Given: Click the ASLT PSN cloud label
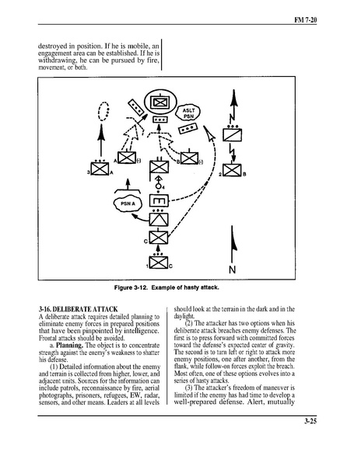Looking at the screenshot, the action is (x=188, y=113).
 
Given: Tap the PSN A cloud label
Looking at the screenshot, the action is (x=128, y=203).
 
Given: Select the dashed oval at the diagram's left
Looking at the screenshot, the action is (x=103, y=111).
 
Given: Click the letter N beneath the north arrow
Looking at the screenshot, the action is (x=233, y=270).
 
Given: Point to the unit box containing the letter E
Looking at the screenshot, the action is (x=159, y=201).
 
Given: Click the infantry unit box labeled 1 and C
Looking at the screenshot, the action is (x=159, y=263).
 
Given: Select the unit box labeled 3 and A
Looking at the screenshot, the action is (x=100, y=169).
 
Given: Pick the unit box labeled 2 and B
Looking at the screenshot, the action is (x=232, y=170).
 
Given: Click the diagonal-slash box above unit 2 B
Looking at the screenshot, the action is (x=233, y=135).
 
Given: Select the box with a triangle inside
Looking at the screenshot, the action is (x=159, y=220).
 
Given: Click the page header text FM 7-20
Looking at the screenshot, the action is (x=305, y=20).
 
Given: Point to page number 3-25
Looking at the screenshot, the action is (x=310, y=421).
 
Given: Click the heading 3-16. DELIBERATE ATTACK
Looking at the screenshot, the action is (x=79, y=309).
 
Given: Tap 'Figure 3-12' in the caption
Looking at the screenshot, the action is (x=131, y=287).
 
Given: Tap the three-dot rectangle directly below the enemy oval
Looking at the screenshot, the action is (x=159, y=120).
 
